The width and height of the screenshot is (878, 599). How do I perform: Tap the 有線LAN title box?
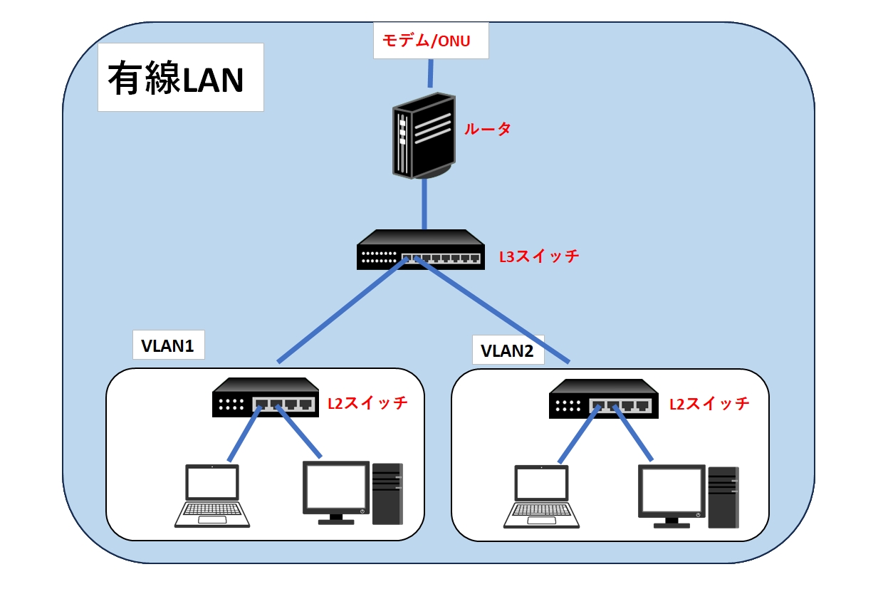[180, 78]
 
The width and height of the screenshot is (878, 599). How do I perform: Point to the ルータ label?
[488, 129]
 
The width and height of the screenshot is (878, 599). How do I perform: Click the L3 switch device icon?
[421, 250]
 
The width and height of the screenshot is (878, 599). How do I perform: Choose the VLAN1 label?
[168, 346]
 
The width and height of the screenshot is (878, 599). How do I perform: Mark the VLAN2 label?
[508, 351]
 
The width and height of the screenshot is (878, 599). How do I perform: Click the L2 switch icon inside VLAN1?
[266, 397]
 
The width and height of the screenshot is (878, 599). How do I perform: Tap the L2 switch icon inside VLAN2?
[602, 398]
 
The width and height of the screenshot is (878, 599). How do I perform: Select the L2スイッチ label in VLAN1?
[367, 403]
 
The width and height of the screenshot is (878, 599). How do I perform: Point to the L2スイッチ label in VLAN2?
[709, 404]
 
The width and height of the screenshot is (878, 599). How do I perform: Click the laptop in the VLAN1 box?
[212, 496]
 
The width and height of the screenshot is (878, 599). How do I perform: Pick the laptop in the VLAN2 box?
[541, 496]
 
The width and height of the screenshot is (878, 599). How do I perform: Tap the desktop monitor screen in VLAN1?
[335, 487]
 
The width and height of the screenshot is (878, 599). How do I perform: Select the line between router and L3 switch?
[424, 204]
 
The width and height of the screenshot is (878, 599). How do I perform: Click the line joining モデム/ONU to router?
[430, 73]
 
